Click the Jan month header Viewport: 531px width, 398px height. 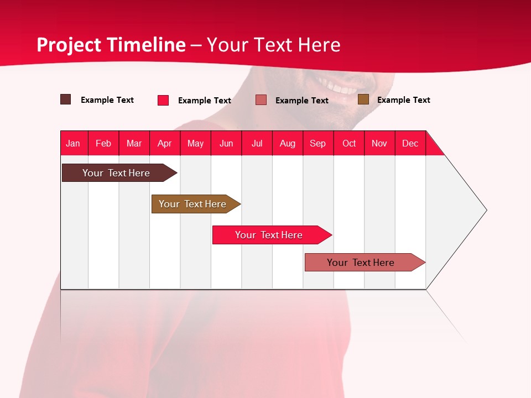click(74, 143)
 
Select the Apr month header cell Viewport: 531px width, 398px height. click(165, 143)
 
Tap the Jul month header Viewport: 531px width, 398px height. click(257, 143)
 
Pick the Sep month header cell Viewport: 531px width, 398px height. click(318, 143)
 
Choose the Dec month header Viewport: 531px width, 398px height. click(410, 143)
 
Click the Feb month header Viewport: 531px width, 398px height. click(103, 143)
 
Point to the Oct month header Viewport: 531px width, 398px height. click(349, 143)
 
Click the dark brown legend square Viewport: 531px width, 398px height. click(66, 99)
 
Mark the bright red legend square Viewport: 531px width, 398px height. click(163, 100)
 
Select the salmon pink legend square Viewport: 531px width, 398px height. click(261, 100)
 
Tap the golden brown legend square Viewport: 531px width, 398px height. click(363, 99)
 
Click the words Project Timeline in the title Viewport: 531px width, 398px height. click(111, 45)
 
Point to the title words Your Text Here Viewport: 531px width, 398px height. click(274, 45)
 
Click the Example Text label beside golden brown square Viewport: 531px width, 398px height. click(403, 100)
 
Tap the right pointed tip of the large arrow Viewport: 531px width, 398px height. click(485, 210)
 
